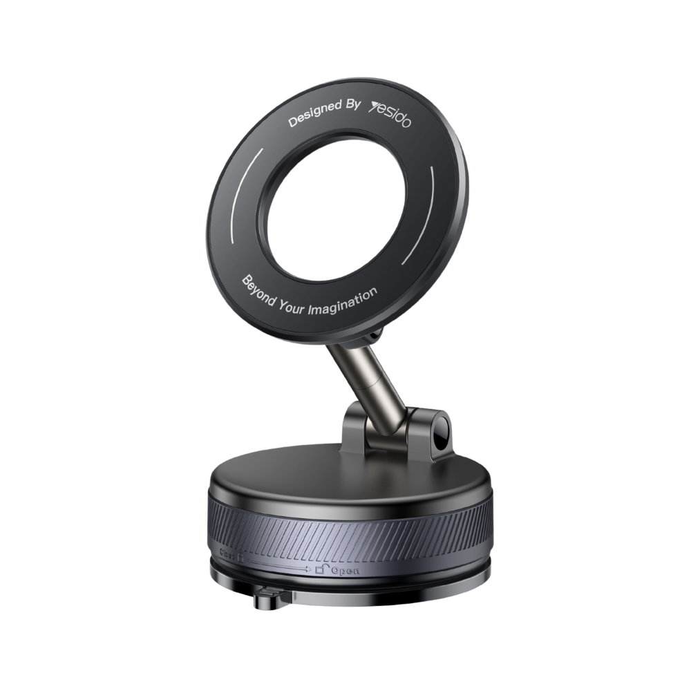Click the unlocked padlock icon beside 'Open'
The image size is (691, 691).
pyautogui.click(x=320, y=571)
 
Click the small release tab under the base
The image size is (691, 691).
pyautogui.click(x=266, y=600)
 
